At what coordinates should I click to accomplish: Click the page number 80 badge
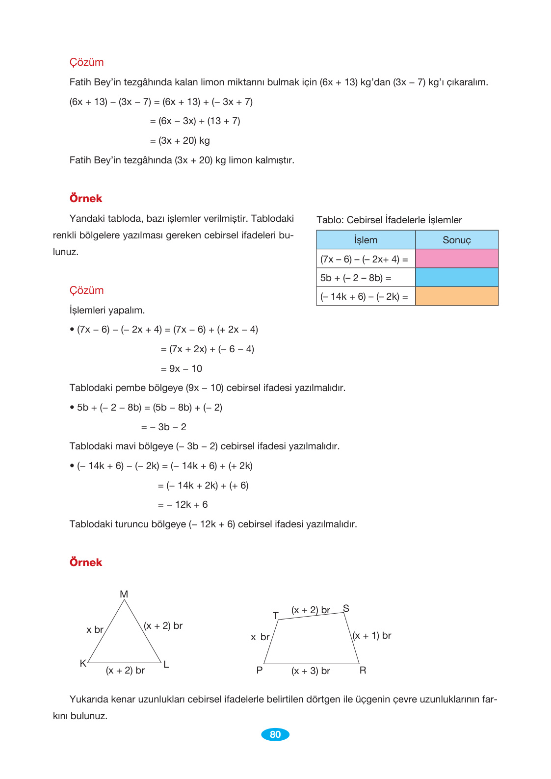click(275, 734)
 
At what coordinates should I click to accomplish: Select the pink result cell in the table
click(456, 259)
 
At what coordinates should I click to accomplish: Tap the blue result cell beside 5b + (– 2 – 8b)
click(456, 277)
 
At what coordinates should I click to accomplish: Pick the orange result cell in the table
click(456, 296)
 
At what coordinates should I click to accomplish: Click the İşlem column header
click(366, 240)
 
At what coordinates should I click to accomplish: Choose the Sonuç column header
click(456, 240)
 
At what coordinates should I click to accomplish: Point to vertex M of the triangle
click(124, 594)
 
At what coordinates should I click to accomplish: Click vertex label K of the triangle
click(83, 663)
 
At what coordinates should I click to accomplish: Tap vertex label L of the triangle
click(166, 664)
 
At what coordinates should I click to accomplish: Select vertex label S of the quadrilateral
click(346, 608)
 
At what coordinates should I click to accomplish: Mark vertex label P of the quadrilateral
click(260, 670)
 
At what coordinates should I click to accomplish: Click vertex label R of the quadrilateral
click(363, 670)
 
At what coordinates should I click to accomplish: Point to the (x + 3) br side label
click(311, 671)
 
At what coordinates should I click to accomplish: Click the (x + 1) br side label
click(372, 635)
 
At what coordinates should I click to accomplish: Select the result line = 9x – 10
click(181, 368)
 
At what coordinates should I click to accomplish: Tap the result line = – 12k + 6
click(183, 504)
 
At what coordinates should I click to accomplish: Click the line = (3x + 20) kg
click(180, 140)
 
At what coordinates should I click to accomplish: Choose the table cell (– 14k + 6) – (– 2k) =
click(364, 296)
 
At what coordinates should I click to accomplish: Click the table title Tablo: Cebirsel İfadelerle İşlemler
click(389, 220)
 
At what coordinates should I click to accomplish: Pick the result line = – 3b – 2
click(163, 427)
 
